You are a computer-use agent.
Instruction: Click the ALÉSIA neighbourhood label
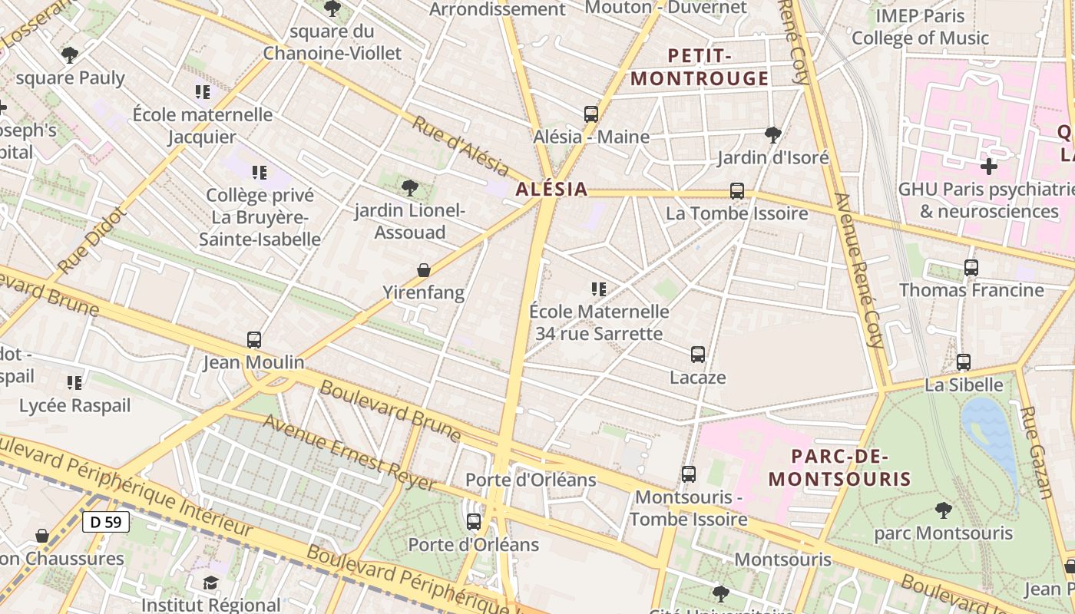(x=551, y=189)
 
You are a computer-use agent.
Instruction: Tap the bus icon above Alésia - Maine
(x=590, y=114)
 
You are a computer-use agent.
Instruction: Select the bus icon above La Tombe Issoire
(x=737, y=191)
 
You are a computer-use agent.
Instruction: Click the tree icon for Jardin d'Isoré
(x=773, y=135)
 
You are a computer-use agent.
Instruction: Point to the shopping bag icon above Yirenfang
(x=423, y=270)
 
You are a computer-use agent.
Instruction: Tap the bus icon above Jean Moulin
(x=254, y=339)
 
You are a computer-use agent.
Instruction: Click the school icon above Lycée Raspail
(x=74, y=382)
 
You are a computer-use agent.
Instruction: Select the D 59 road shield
(x=106, y=522)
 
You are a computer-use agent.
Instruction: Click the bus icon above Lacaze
(x=697, y=355)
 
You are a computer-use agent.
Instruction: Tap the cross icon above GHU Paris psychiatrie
(x=989, y=166)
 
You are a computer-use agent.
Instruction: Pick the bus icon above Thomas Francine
(x=971, y=268)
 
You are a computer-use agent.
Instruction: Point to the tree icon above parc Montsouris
(x=944, y=510)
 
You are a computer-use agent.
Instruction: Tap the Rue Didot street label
(x=90, y=240)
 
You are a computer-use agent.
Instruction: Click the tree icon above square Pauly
(x=70, y=55)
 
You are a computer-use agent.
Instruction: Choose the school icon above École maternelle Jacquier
(x=203, y=92)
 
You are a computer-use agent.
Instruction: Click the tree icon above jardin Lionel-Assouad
(x=410, y=187)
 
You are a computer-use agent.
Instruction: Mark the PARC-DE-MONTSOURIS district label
(x=839, y=467)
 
